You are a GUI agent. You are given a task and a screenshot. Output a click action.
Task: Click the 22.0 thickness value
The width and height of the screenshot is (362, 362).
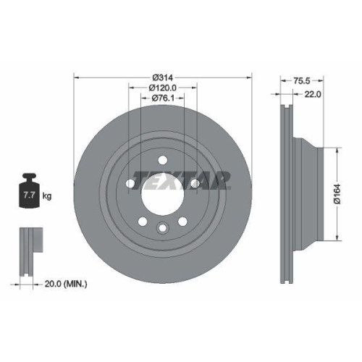pyautogui.click(x=313, y=93)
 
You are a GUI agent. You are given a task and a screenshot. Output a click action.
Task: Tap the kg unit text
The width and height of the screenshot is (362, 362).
pyautogui.click(x=48, y=195)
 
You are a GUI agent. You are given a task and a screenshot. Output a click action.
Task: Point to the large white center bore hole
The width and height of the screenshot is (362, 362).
pyautogui.click(x=163, y=194)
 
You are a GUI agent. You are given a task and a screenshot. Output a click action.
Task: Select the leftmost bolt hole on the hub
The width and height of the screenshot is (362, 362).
pyautogui.click(x=130, y=184)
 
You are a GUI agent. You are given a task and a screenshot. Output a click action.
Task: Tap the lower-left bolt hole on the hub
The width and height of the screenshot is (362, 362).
pyautogui.click(x=143, y=222)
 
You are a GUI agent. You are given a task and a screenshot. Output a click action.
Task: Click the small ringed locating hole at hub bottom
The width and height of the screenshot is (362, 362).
pyautogui.click(x=163, y=229)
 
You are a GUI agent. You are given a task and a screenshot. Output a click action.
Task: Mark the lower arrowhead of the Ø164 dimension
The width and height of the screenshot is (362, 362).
pyautogui.click(x=337, y=239)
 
